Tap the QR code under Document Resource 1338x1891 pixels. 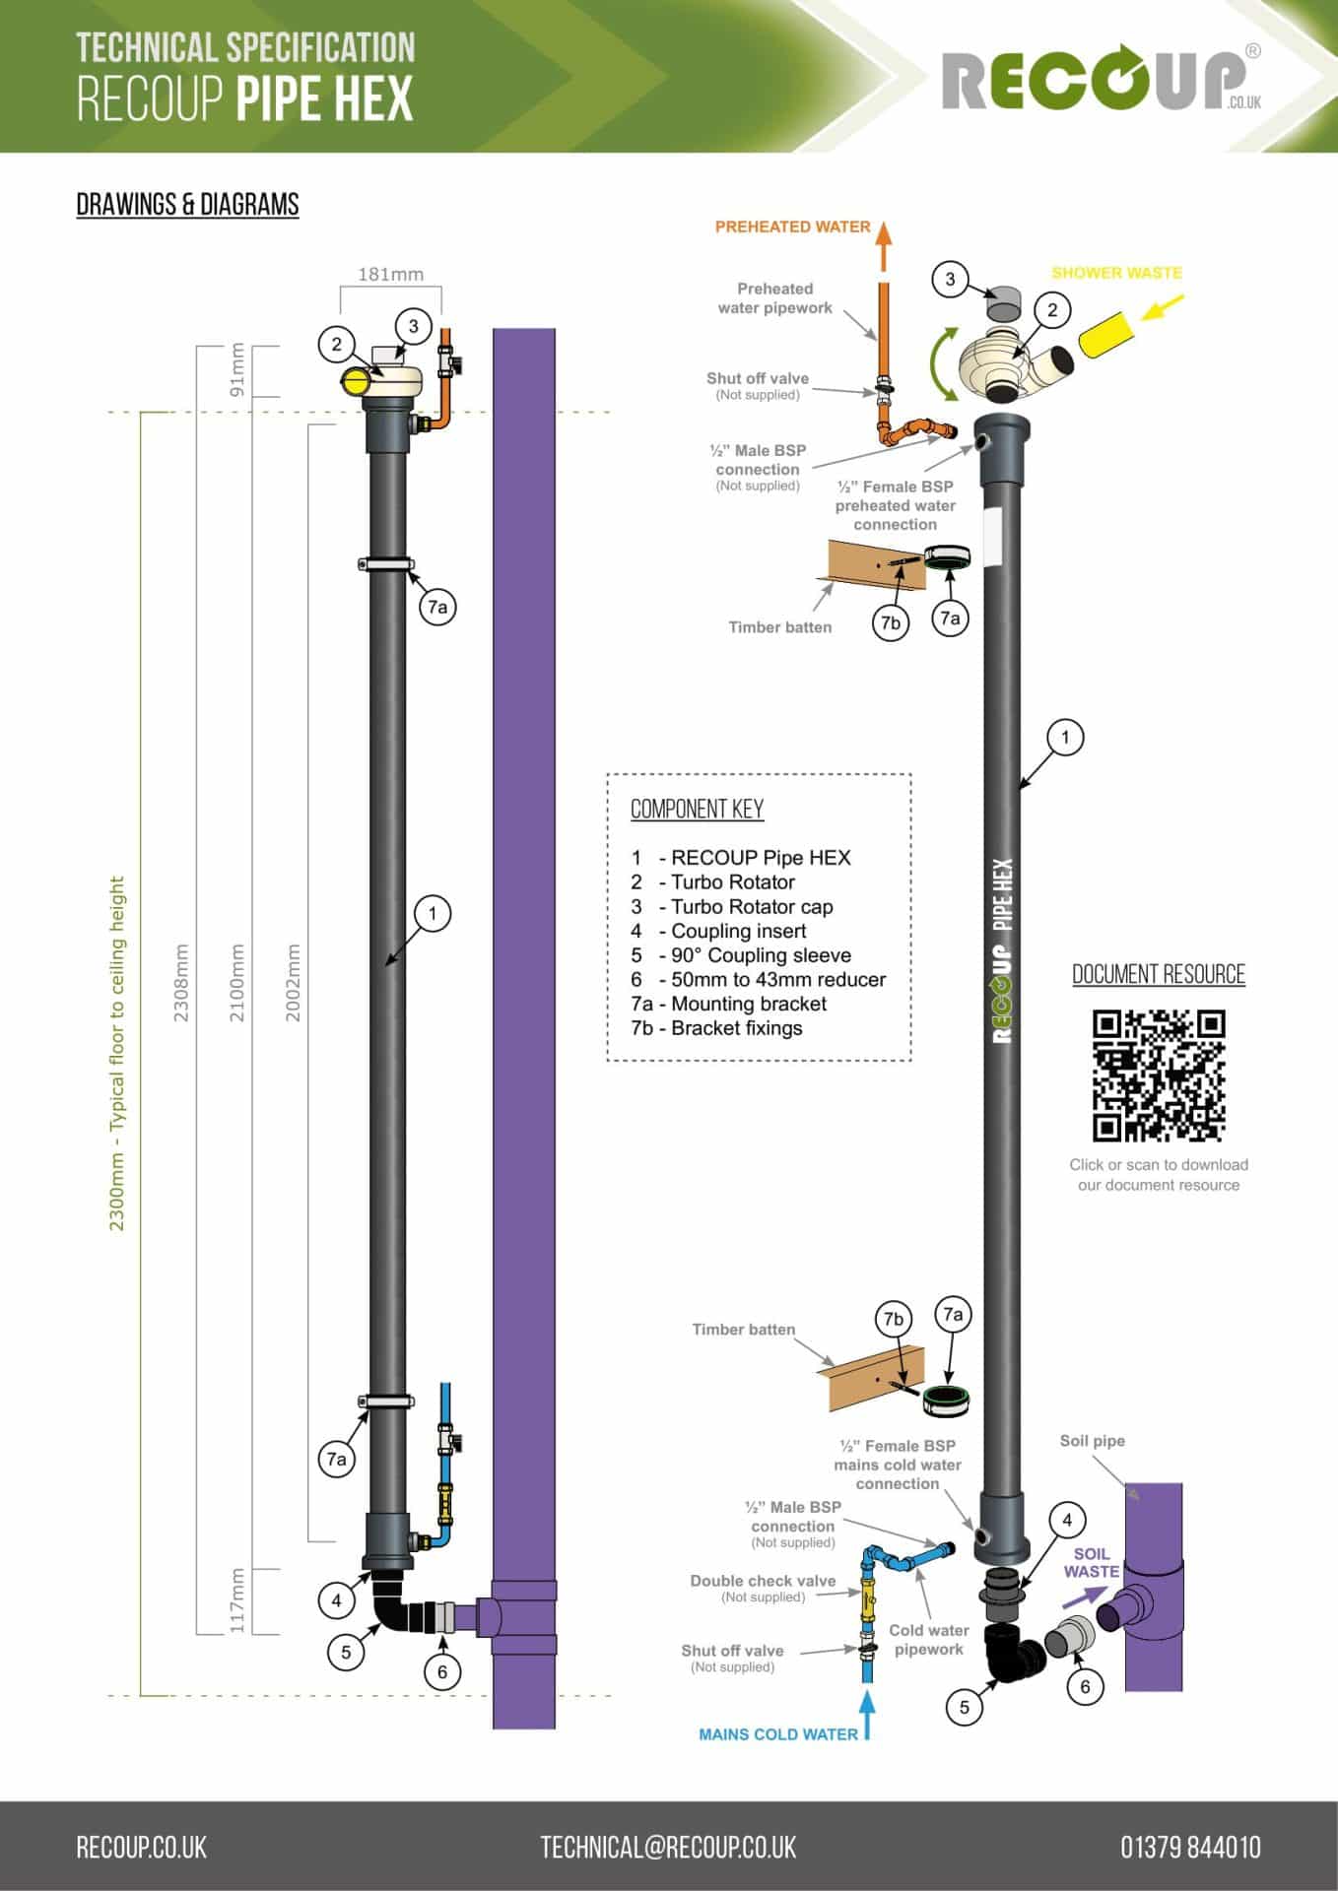pos(1159,1076)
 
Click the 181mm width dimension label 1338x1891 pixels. pos(390,274)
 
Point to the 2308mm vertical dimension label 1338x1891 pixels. pos(181,982)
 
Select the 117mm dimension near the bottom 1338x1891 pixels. pos(236,1600)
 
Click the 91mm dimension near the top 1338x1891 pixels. pos(236,369)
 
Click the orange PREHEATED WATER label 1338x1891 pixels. pos(792,227)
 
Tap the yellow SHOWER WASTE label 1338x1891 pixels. pos(1116,273)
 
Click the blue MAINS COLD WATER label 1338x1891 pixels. pos(777,1734)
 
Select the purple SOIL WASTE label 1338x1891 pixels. pos(1091,1562)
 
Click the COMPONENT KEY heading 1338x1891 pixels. pos(697,810)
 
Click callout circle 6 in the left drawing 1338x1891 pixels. pos(442,1671)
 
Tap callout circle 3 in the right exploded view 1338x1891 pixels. pos(950,279)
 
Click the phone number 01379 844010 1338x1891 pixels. pos(1189,1847)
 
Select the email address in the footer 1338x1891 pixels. pos(668,1847)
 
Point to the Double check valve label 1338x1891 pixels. pos(763,1581)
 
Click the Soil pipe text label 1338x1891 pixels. pos(1092,1441)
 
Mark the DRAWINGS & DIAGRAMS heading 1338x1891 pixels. pos(187,205)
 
